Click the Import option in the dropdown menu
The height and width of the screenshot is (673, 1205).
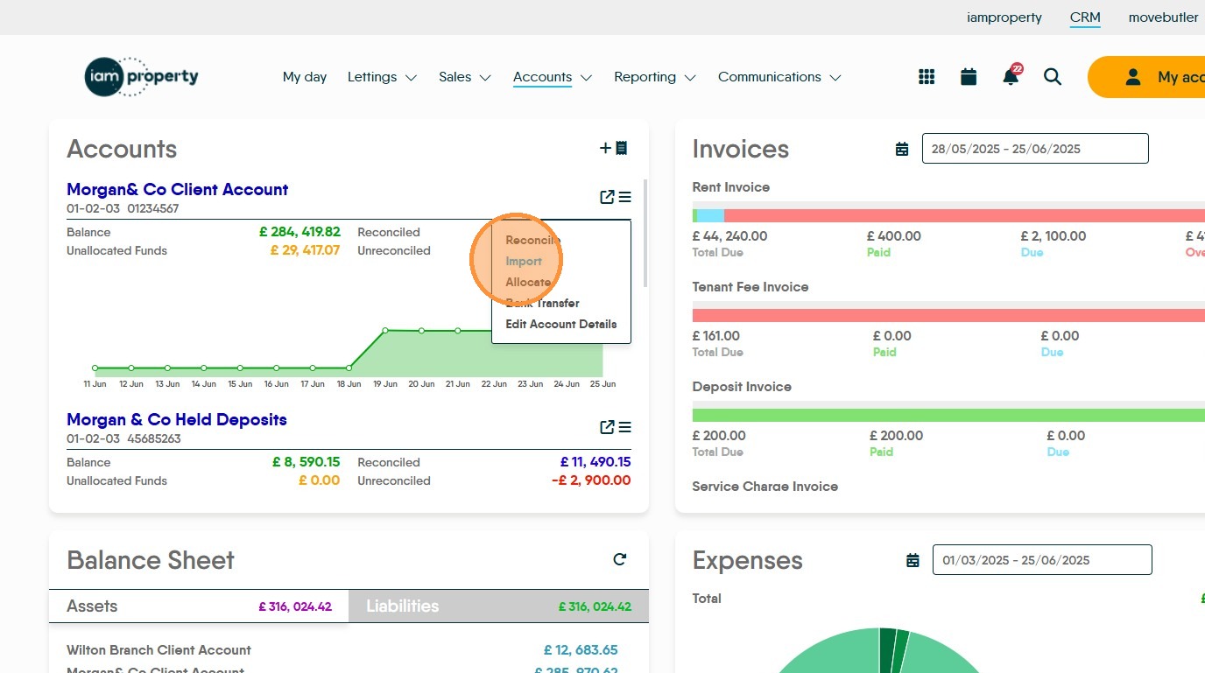click(x=524, y=261)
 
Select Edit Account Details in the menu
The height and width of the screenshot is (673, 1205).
click(x=560, y=324)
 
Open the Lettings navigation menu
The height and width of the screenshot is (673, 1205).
click(x=382, y=77)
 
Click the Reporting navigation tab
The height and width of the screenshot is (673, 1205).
click(x=654, y=77)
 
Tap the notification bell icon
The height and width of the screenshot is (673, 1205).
click(x=1011, y=77)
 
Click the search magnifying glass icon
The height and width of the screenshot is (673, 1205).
click(x=1053, y=77)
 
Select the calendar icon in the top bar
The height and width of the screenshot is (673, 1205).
click(x=969, y=77)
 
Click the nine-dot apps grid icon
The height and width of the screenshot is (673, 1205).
click(x=927, y=77)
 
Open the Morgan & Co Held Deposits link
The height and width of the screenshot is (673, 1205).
click(x=177, y=419)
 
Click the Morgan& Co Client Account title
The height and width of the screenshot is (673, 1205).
click(x=177, y=189)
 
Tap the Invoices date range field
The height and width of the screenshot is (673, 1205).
click(x=1034, y=149)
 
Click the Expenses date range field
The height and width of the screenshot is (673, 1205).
click(x=1041, y=560)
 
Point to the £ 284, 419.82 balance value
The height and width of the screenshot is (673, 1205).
click(x=299, y=232)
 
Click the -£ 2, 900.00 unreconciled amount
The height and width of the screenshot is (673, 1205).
click(x=591, y=480)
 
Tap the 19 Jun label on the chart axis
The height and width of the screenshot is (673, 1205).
click(x=385, y=384)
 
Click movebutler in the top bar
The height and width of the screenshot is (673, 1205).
click(x=1163, y=18)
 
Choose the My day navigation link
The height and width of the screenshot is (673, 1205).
click(x=305, y=77)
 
